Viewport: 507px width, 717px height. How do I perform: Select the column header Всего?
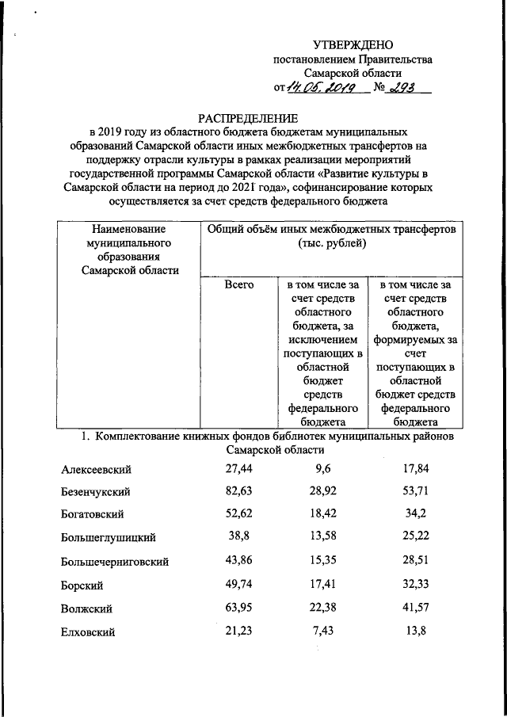(238, 284)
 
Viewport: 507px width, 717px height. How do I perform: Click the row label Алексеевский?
(96, 470)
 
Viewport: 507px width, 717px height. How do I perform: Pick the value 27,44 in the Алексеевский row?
(238, 469)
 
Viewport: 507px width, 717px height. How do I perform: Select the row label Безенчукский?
(96, 493)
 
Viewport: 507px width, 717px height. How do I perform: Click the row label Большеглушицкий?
(108, 539)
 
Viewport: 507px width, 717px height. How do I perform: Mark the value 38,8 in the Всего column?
(238, 537)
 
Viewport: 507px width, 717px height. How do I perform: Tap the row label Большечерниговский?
(115, 563)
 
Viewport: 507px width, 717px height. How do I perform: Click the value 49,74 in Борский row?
(238, 584)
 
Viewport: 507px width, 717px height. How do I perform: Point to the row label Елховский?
(89, 632)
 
